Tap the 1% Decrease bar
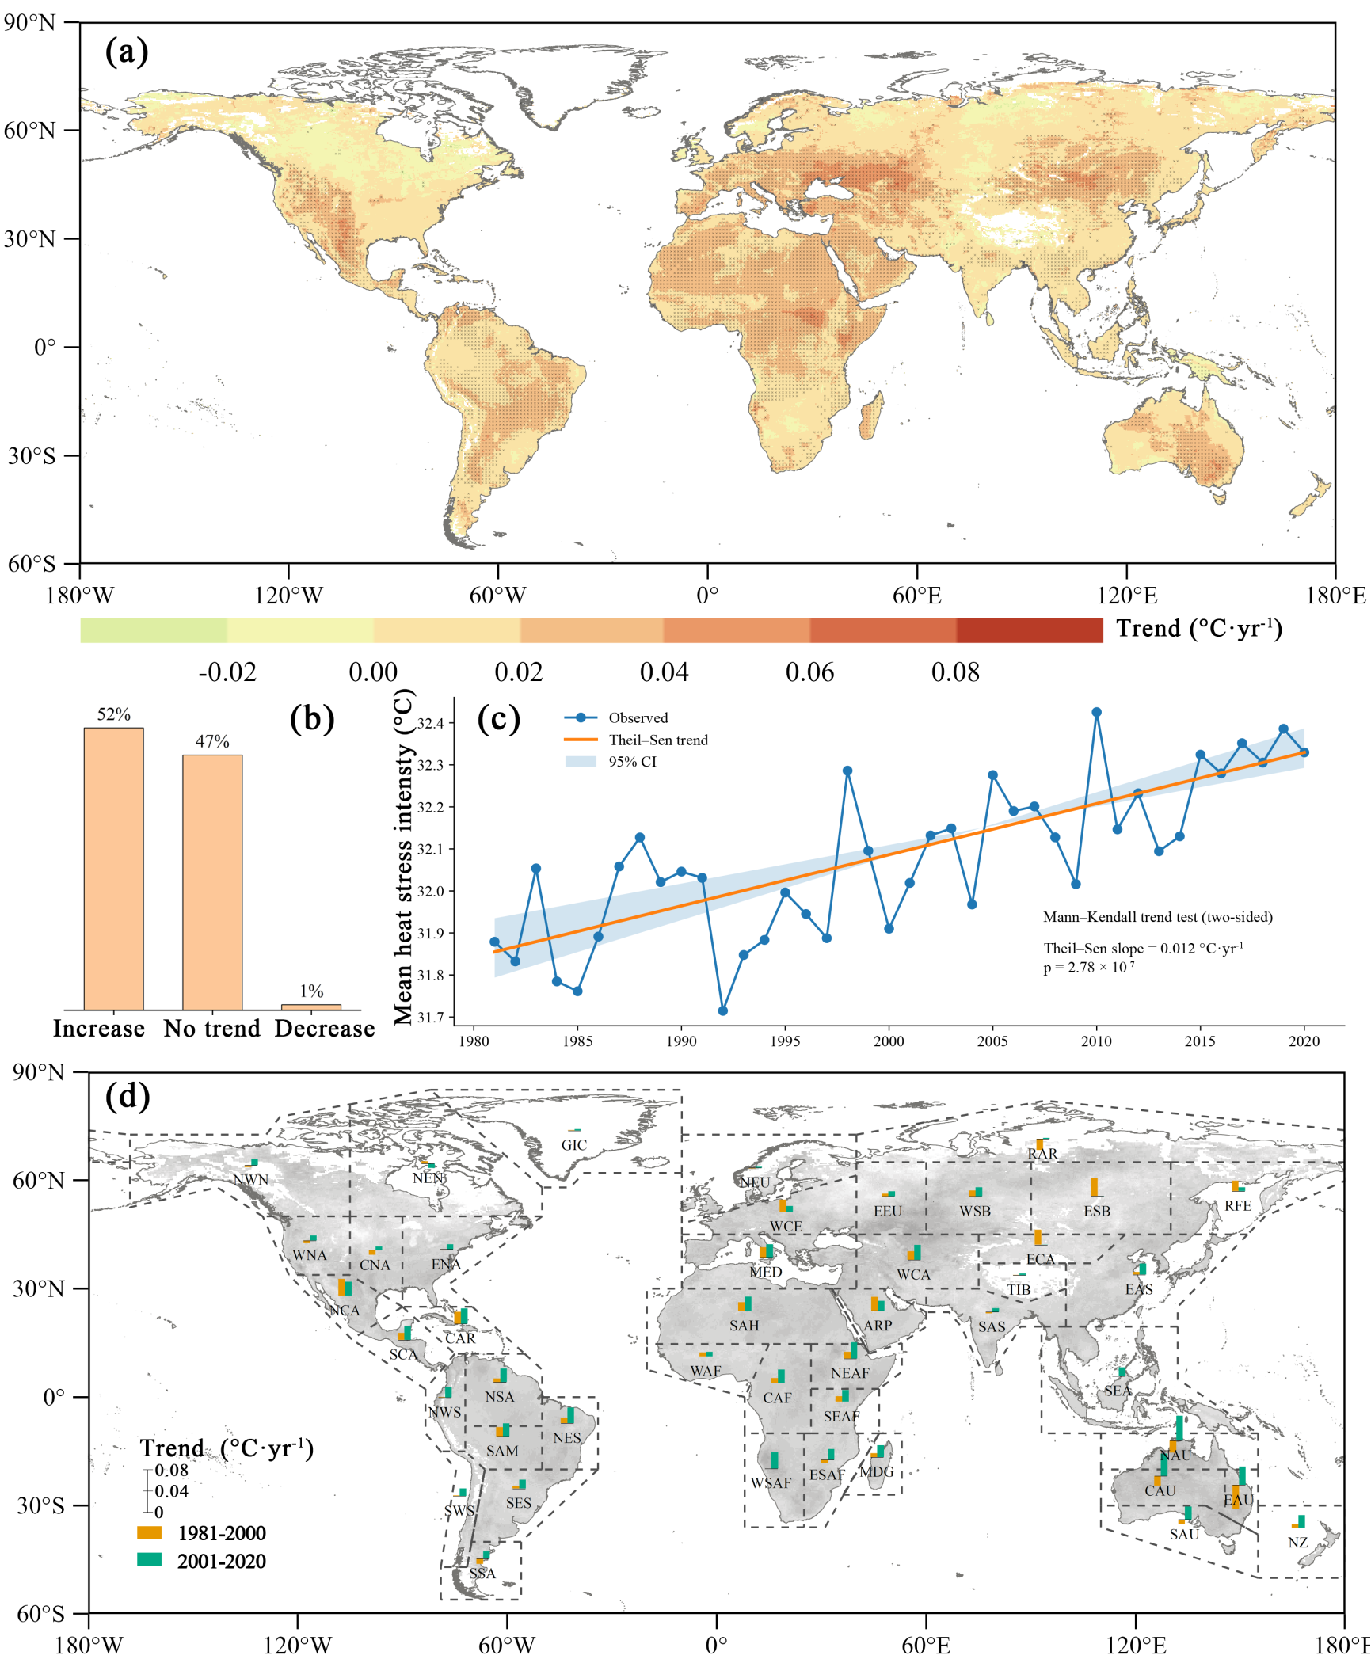click(311, 1007)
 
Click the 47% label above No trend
click(212, 741)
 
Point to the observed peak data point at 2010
click(1097, 712)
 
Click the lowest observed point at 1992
click(722, 1010)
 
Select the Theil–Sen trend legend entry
click(657, 740)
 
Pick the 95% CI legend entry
click(632, 762)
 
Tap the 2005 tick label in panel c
click(992, 1041)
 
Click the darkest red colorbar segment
click(1030, 630)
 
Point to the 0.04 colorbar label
click(664, 672)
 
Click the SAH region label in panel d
click(745, 1325)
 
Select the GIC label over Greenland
click(574, 1145)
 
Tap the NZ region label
click(1297, 1543)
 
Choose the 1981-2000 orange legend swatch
click(149, 1532)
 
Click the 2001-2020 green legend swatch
click(149, 1559)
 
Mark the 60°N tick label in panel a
click(30, 130)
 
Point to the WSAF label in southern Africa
click(771, 1482)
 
